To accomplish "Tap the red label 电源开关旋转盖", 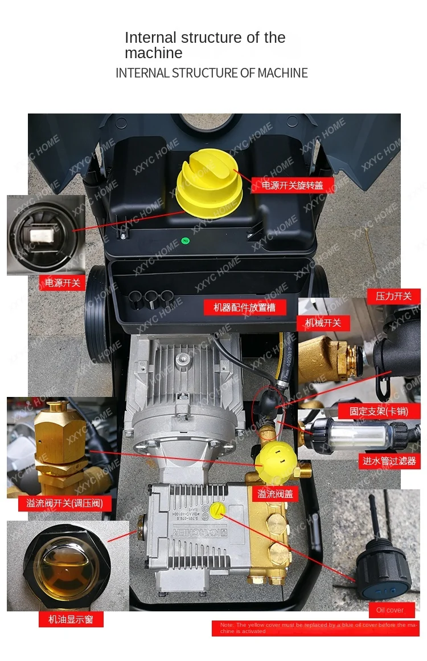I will point(292,185).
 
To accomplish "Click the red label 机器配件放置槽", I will point(245,307).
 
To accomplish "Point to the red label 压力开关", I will point(393,297).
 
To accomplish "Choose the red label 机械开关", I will point(323,323).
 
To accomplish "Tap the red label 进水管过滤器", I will point(389,461).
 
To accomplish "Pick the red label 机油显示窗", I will point(71,619).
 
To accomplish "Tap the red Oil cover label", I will point(390,610).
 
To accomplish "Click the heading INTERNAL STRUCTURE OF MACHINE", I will point(212,73).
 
